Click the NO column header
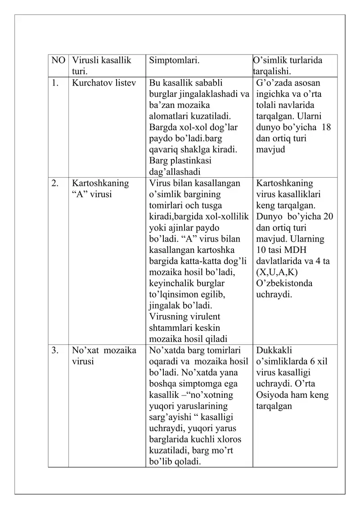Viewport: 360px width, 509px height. click(x=58, y=60)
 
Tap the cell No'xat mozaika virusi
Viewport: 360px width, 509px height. click(x=104, y=356)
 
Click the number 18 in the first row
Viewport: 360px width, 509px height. click(x=326, y=127)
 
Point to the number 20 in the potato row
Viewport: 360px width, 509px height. click(x=328, y=216)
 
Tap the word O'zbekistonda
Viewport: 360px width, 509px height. click(x=284, y=284)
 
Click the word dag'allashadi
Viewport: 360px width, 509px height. click(x=175, y=172)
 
